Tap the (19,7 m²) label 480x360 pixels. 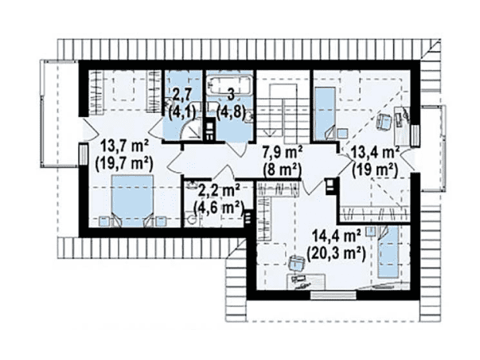(x=124, y=163)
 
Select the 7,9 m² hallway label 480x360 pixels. (x=283, y=152)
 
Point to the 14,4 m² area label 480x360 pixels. (x=336, y=237)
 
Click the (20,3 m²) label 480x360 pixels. (x=336, y=254)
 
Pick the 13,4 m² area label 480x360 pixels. (x=375, y=152)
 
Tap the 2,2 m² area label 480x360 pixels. (x=219, y=191)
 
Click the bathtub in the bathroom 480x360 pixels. (x=229, y=85)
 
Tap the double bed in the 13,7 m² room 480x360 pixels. (x=132, y=201)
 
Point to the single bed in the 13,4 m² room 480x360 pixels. (x=325, y=114)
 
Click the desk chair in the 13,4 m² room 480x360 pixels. (x=384, y=122)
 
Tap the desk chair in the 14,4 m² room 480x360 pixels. (x=297, y=262)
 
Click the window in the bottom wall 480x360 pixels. (x=334, y=295)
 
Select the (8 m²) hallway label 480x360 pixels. (x=283, y=170)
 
